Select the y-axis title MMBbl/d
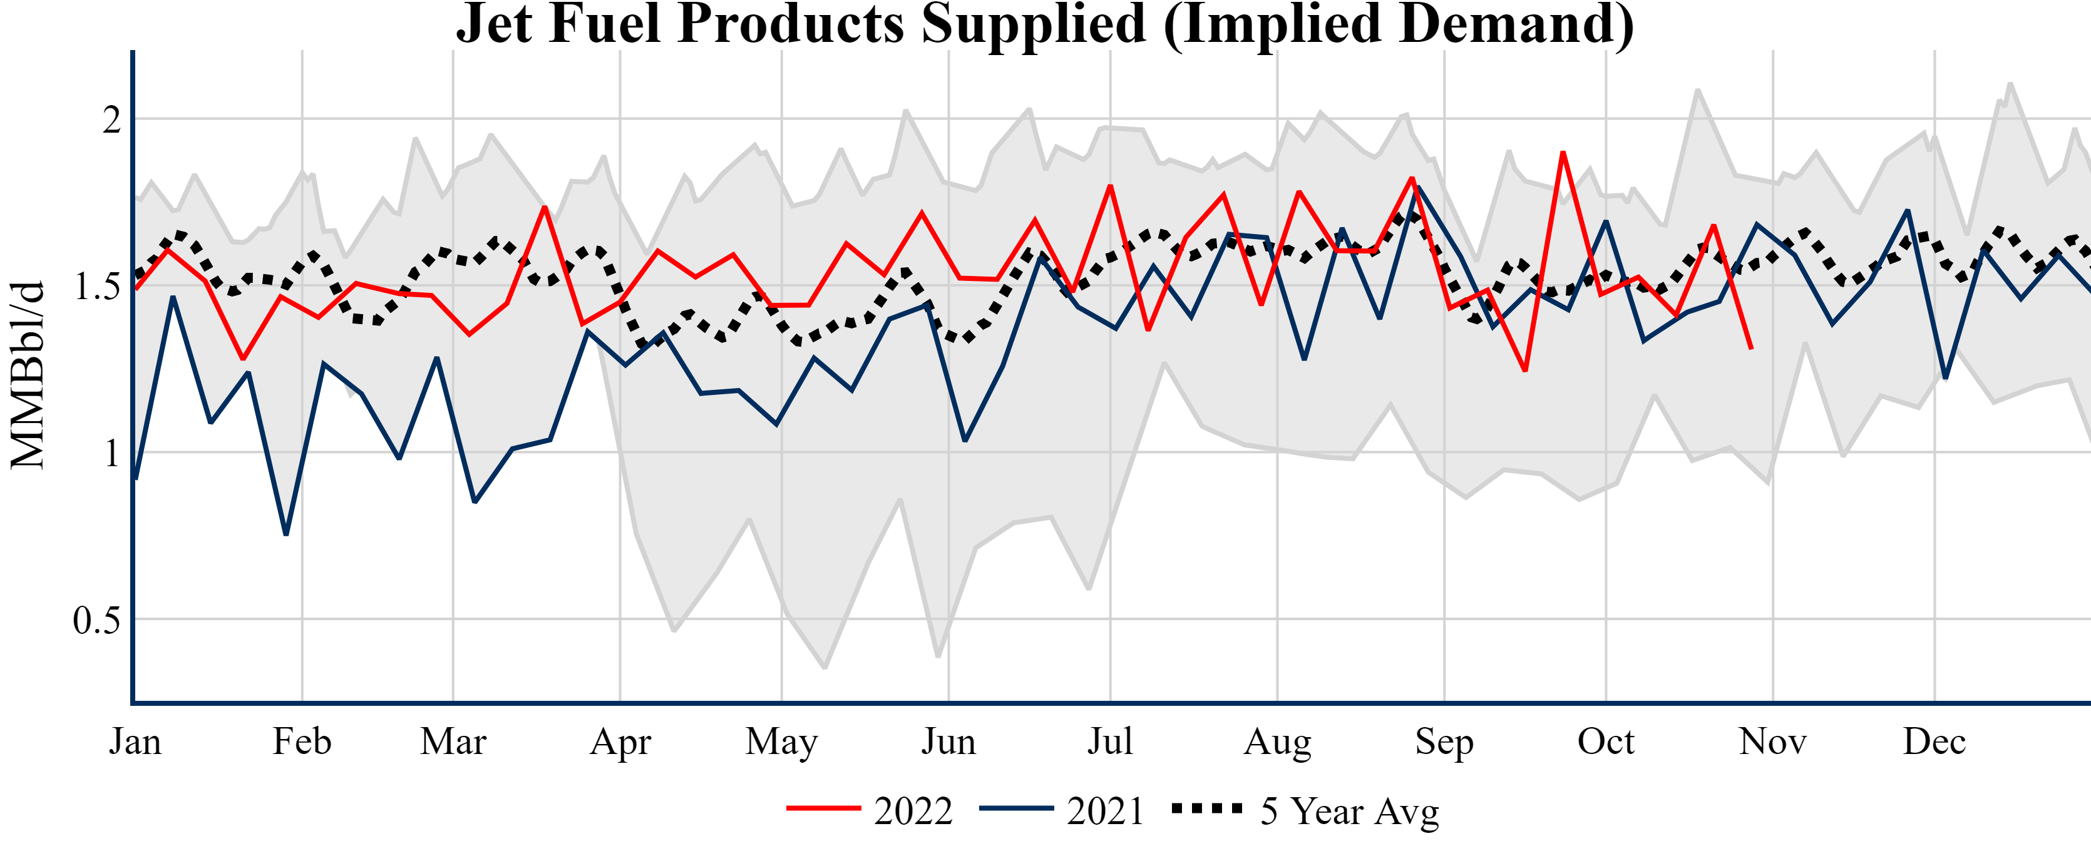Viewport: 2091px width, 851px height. [27, 375]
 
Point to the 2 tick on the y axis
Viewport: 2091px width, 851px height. [112, 120]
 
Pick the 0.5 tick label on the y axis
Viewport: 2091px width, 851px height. [96, 621]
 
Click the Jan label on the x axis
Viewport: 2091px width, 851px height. [135, 741]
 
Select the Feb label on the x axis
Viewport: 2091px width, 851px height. [302, 741]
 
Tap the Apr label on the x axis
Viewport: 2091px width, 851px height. [620, 741]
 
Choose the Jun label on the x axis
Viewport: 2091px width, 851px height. [948, 741]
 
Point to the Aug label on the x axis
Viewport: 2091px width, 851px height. [1277, 741]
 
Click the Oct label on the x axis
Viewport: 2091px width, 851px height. [1606, 741]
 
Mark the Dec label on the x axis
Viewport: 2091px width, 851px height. [1934, 741]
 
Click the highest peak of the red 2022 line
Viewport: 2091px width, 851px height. [1563, 153]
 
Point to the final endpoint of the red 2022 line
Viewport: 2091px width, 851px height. [1751, 349]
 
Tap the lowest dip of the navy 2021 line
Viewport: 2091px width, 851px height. [285, 534]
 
